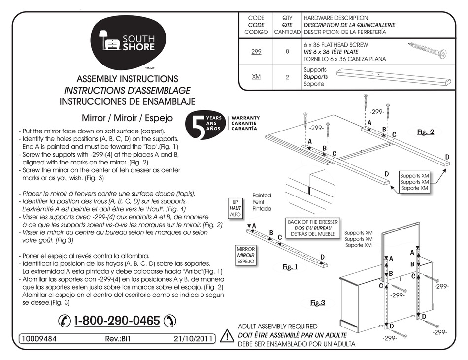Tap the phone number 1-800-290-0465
117,321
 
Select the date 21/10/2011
193,339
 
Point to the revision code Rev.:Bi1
117,339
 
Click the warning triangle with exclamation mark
227,337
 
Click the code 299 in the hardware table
256,51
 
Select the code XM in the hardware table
256,77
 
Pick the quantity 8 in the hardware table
287,51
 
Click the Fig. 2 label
425,132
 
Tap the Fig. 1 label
290,266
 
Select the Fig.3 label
318,303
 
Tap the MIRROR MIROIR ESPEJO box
246,256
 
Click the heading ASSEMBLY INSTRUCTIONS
128,79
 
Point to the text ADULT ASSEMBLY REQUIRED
278,327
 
